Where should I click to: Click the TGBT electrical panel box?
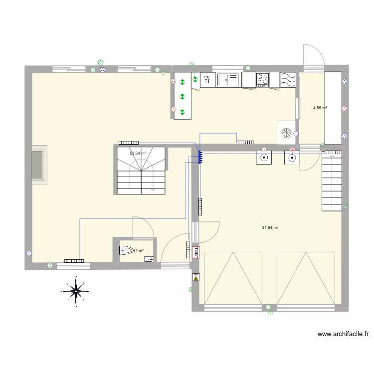(196, 252)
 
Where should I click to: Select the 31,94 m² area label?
(270, 228)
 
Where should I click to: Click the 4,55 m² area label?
(320, 108)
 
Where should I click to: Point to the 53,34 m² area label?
(138, 154)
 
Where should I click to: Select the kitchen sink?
(228, 79)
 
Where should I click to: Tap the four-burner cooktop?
(262, 79)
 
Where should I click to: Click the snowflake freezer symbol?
(286, 133)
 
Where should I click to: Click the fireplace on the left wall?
(39, 165)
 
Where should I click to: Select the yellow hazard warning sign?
(195, 278)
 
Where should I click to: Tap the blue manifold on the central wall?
(199, 157)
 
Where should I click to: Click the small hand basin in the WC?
(149, 259)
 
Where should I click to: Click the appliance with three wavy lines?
(288, 79)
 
